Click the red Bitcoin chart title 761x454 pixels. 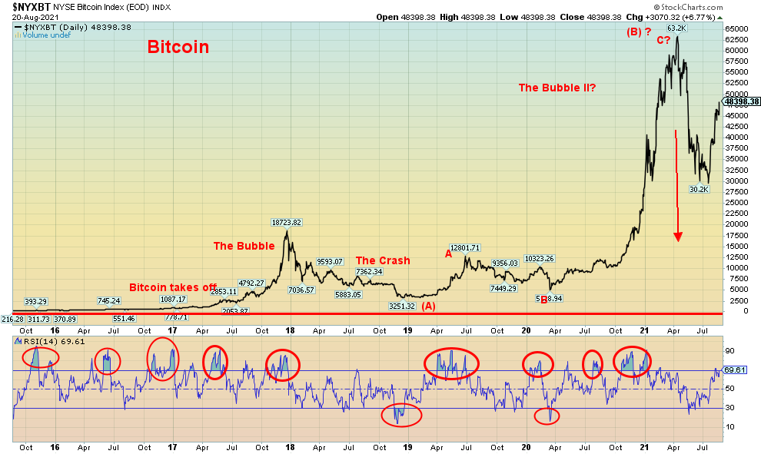178,47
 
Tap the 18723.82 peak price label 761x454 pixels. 286,223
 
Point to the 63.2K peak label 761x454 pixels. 676,28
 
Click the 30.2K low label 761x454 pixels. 698,189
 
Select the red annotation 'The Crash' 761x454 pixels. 382,260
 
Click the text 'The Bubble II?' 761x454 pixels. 558,88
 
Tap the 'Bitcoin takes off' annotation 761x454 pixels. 172,287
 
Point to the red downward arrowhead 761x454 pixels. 678,236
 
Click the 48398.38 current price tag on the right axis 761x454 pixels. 742,101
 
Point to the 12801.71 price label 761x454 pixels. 464,248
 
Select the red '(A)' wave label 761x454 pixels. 428,306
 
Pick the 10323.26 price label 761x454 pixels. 540,258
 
